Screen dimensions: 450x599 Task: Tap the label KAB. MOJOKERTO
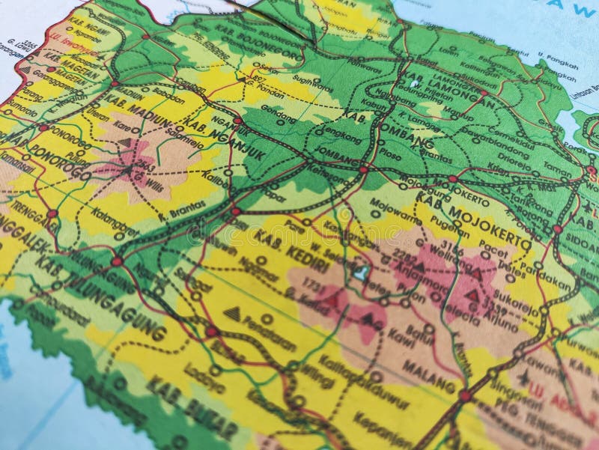(x=472, y=218)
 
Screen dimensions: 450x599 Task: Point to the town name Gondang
(x=274, y=109)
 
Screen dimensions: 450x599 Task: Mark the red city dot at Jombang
(x=363, y=170)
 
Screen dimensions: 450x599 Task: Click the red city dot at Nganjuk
(x=237, y=121)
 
